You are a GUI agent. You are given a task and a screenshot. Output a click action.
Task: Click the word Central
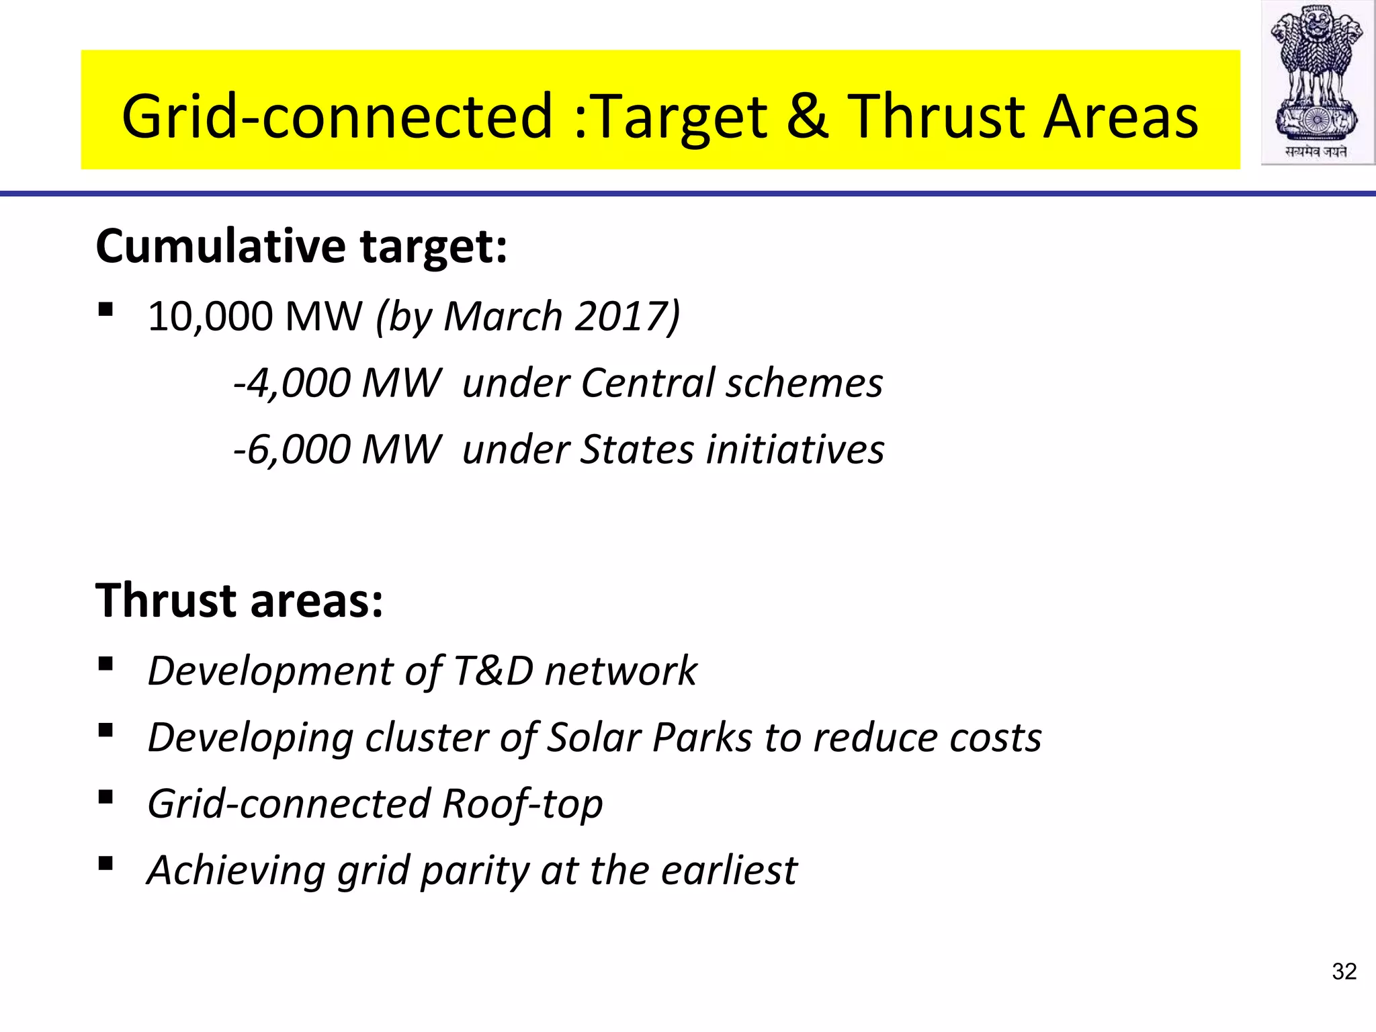tap(647, 383)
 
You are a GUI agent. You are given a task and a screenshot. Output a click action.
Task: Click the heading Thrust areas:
tap(239, 600)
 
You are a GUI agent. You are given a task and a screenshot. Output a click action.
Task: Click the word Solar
tap(594, 737)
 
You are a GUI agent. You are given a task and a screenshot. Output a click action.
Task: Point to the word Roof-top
tap(522, 804)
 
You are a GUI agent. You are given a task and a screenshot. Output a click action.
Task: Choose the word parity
tap(474, 871)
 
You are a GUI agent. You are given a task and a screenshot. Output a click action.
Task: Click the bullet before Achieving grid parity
tap(105, 863)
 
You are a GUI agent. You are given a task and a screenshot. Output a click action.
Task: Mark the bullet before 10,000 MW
tap(105, 310)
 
